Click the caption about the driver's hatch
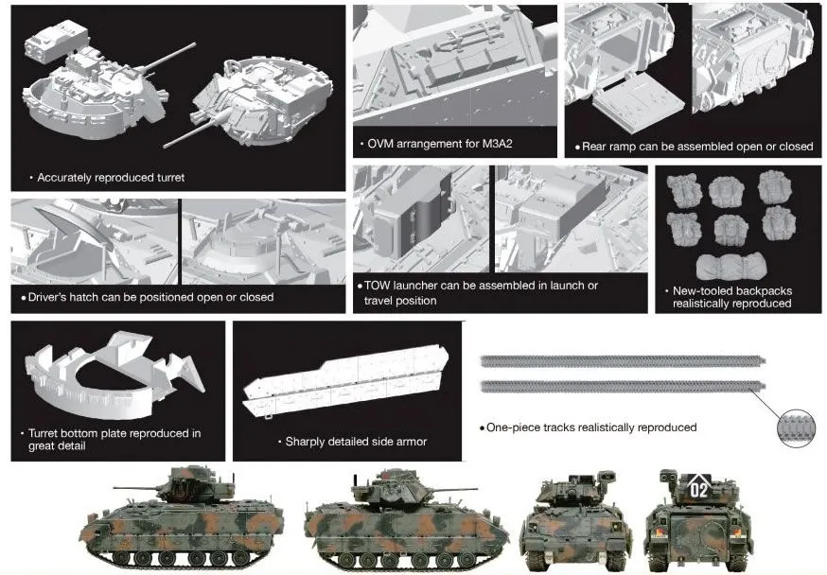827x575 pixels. click(x=150, y=297)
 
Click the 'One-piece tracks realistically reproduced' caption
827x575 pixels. click(x=591, y=427)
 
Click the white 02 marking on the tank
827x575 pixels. click(x=699, y=489)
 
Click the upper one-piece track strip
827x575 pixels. click(x=620, y=361)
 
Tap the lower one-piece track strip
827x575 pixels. click(x=620, y=385)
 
